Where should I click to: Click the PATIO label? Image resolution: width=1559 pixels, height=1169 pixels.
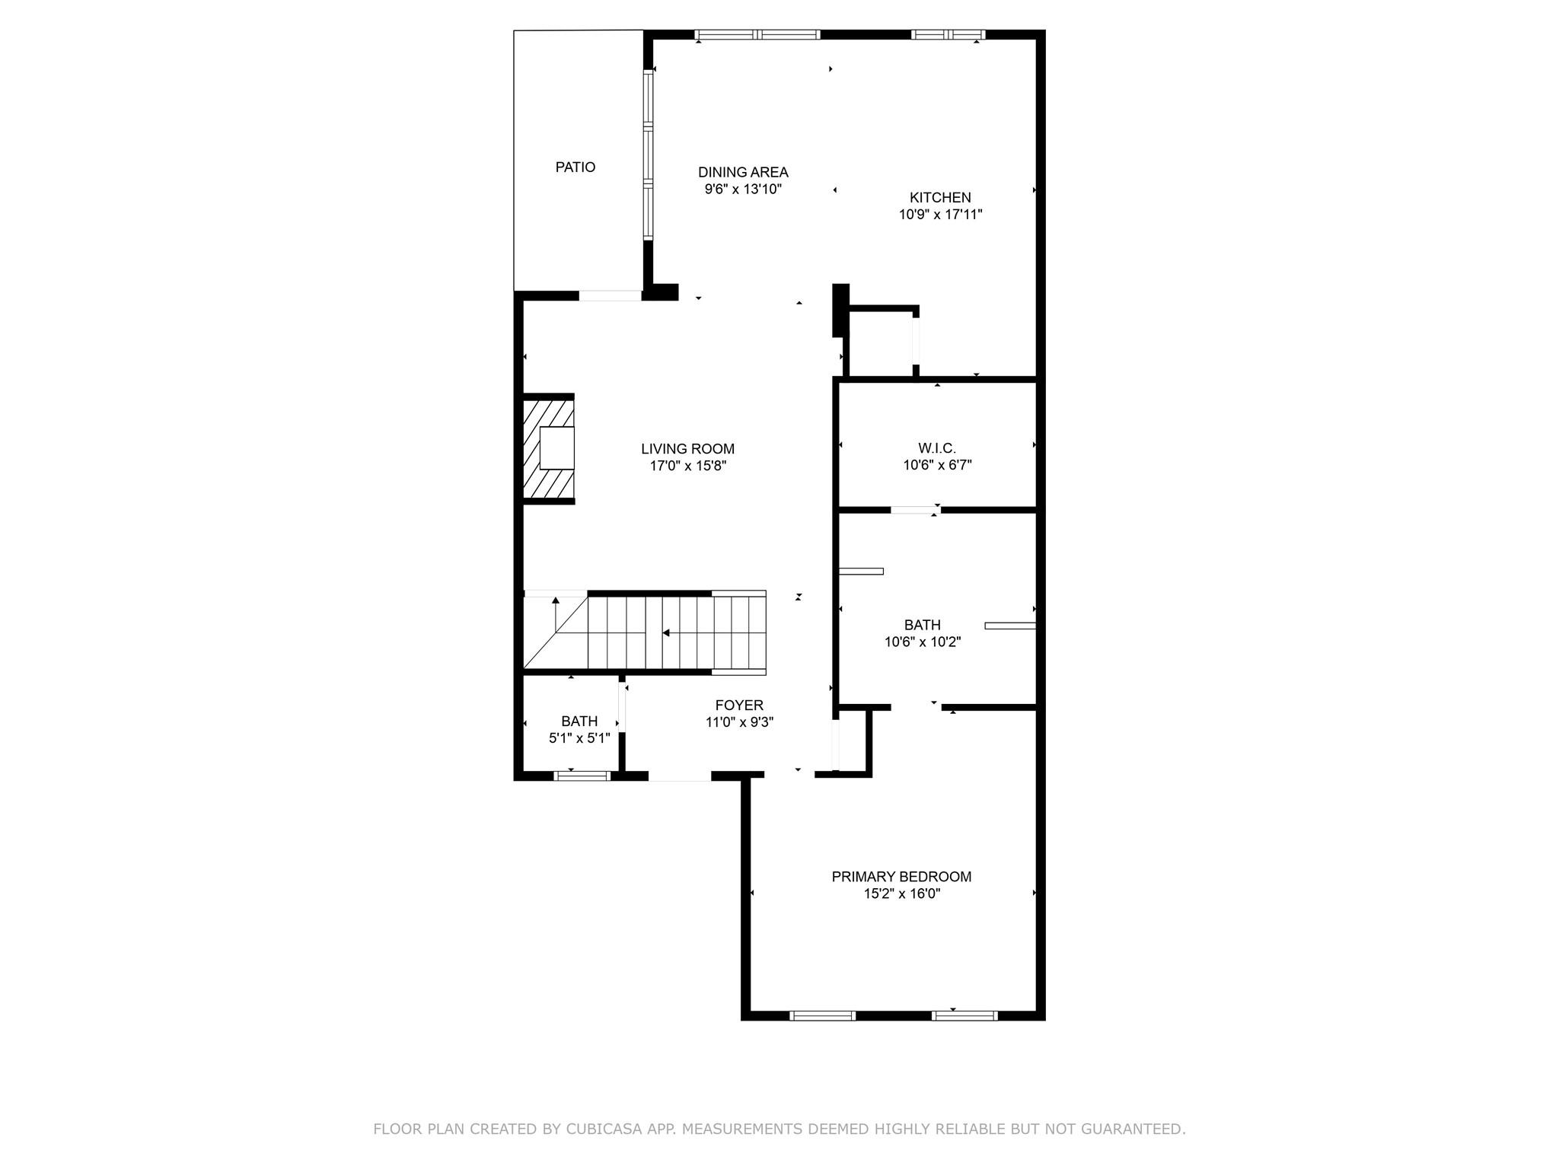(575, 167)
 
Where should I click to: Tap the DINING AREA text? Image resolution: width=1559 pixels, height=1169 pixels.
(743, 173)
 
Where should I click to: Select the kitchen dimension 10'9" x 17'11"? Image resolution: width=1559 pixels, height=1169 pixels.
(940, 215)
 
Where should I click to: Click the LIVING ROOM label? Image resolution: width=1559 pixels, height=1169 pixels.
(687, 449)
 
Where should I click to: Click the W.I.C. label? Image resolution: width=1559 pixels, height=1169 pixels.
(937, 448)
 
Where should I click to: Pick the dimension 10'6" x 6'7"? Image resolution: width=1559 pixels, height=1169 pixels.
(937, 465)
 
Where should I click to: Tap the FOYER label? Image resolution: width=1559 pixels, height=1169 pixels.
(739, 706)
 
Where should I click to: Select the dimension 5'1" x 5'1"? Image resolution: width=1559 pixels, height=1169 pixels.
(579, 737)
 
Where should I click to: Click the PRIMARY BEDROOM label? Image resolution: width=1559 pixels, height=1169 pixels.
(901, 877)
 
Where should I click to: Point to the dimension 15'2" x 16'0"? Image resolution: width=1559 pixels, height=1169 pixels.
(901, 893)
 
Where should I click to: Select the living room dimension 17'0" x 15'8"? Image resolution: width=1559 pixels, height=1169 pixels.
(687, 466)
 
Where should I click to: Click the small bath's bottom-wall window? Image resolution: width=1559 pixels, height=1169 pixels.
(582, 776)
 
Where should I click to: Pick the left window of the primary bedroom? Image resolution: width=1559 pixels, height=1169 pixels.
(822, 1015)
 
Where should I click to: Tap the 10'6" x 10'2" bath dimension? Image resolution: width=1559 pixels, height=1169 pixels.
(922, 642)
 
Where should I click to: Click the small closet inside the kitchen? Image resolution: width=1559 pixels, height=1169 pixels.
(881, 342)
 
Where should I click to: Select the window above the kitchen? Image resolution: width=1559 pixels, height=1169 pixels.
(948, 34)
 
